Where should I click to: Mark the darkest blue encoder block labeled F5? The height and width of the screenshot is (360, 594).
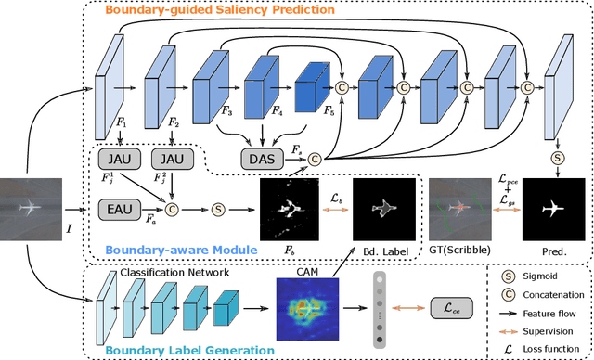[311, 90]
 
